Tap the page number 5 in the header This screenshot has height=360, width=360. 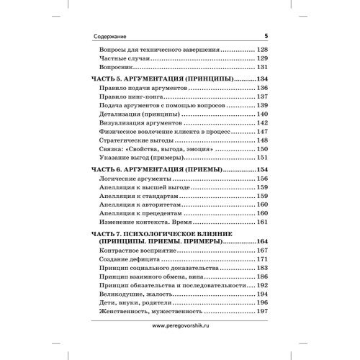tap(266, 35)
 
